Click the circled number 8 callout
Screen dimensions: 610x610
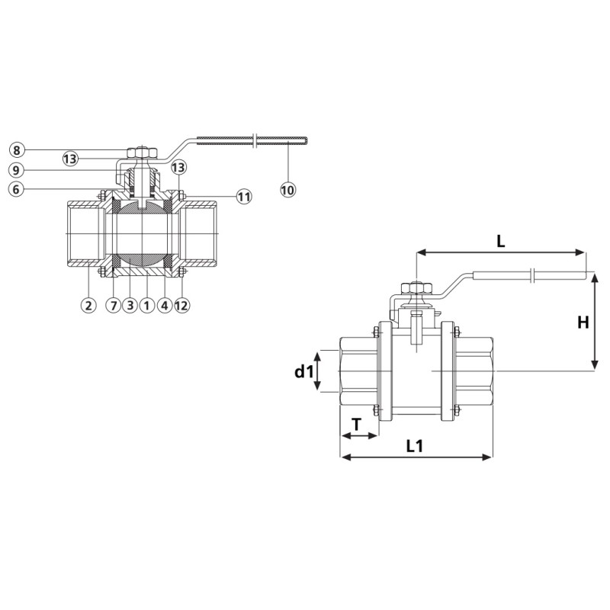click(16, 150)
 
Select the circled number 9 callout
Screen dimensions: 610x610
click(16, 170)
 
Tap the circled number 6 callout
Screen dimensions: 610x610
click(16, 189)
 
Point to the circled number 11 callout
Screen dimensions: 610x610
click(244, 197)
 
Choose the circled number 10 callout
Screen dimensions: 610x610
click(288, 190)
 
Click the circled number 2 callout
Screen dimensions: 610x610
click(88, 306)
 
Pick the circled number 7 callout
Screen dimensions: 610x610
click(114, 306)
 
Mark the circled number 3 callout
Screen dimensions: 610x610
click(130, 306)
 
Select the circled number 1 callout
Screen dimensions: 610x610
click(146, 306)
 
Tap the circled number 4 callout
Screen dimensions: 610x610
click(165, 306)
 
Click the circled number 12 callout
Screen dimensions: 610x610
click(181, 306)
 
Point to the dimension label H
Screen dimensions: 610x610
click(583, 322)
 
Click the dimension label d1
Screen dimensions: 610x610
click(303, 372)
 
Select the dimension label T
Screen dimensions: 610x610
click(356, 424)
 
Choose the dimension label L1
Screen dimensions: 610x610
click(414, 446)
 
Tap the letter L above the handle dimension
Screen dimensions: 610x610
click(501, 242)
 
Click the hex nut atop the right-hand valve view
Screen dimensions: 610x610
click(416, 288)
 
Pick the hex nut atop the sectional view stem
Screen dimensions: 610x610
click(142, 152)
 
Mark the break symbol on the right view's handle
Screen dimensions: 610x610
click(533, 275)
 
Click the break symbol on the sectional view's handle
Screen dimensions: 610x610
click(255, 141)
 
